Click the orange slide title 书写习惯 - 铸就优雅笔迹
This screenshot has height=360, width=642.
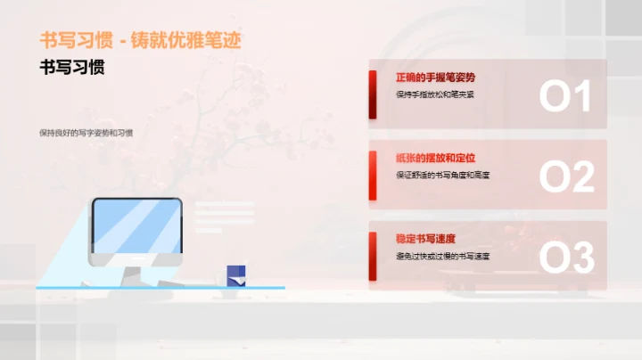(x=141, y=40)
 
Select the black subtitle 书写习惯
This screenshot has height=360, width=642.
(x=72, y=68)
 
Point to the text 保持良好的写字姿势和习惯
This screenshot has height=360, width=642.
(x=86, y=132)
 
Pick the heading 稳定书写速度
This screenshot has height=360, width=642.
(x=425, y=238)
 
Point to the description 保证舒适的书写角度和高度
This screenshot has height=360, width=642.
(x=449, y=175)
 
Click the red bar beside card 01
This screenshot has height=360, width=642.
(x=373, y=94)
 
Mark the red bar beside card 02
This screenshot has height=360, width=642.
(x=373, y=175)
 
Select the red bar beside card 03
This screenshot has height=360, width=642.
(x=373, y=255)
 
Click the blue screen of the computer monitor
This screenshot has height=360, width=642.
(x=136, y=224)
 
